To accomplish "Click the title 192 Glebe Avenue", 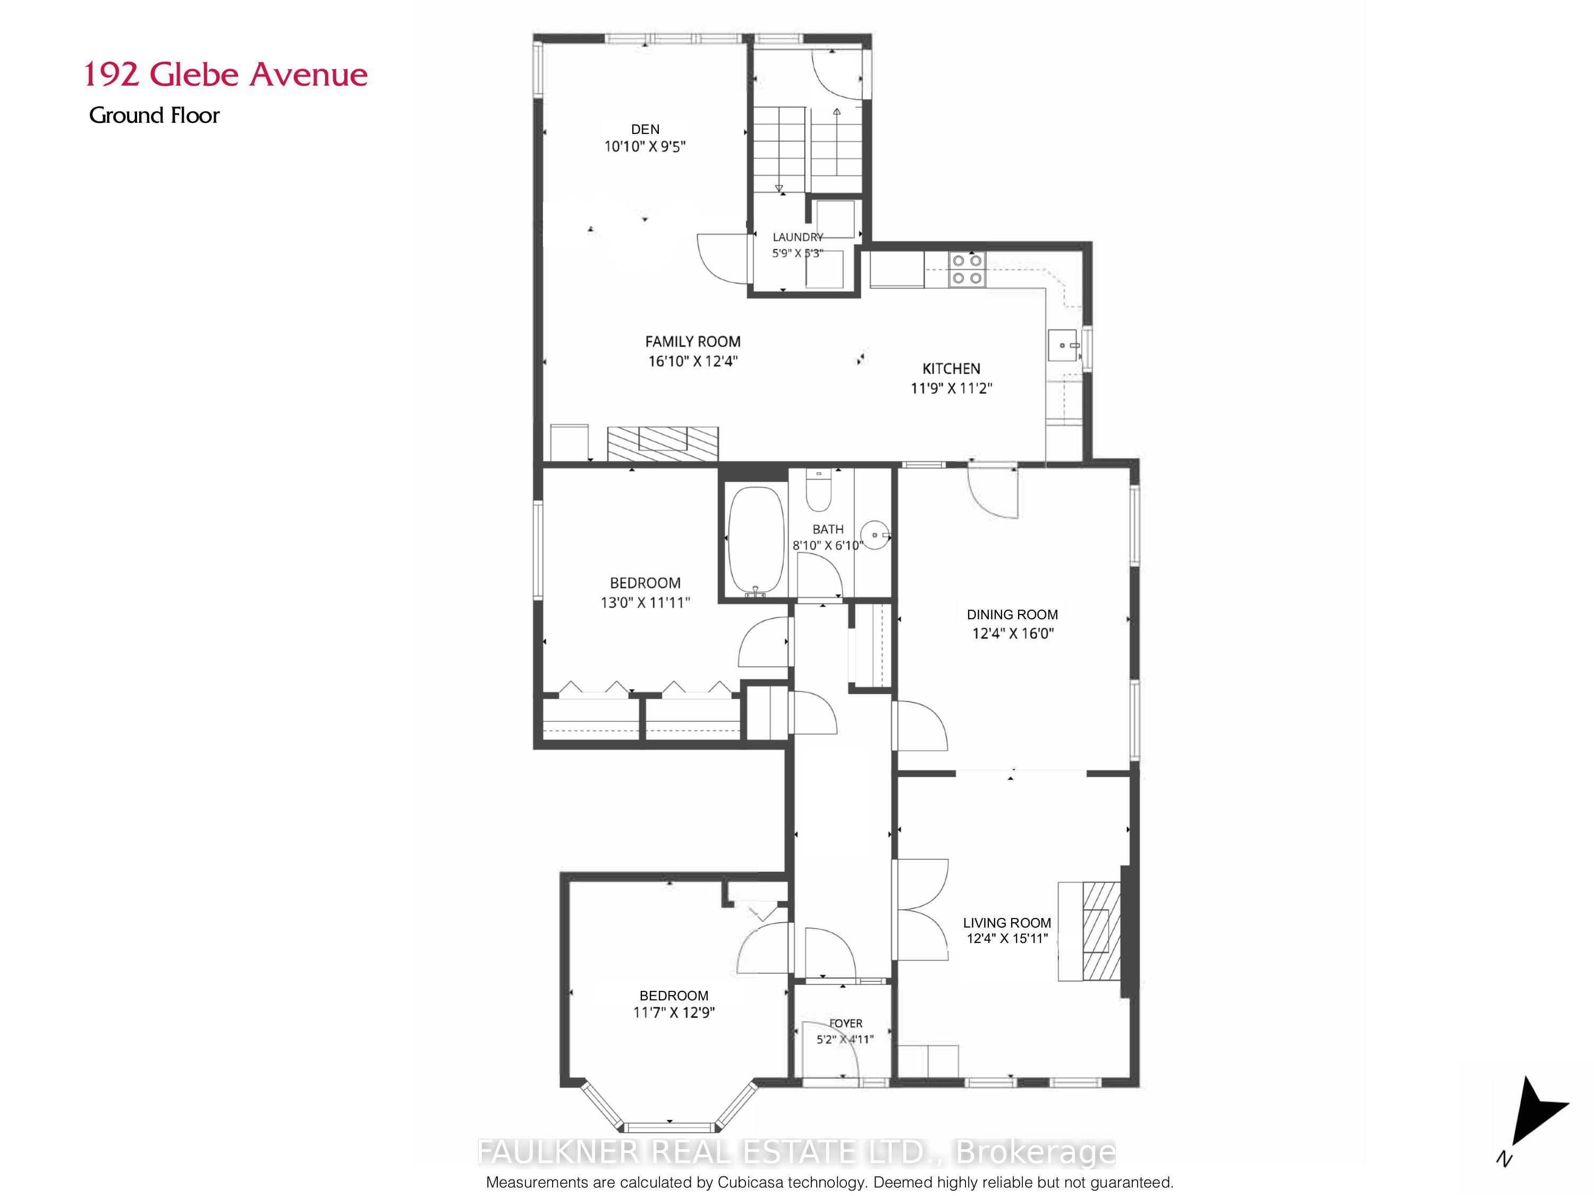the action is click(x=226, y=74).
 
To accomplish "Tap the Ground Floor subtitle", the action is click(x=154, y=115).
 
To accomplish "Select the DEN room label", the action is click(x=645, y=129).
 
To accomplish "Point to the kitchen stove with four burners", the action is click(x=966, y=269).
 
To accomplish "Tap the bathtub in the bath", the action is click(x=756, y=540).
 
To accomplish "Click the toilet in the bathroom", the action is click(x=819, y=490).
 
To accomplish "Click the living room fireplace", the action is click(x=1090, y=931).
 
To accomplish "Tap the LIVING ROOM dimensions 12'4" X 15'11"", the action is click(x=1007, y=939).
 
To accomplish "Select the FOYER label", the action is click(x=845, y=1023).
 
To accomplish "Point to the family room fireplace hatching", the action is click(x=663, y=443).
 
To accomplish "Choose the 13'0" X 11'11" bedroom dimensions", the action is click(x=646, y=602).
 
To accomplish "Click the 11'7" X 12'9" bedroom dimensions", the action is click(x=674, y=1012).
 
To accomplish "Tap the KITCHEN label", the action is click(x=951, y=368).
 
